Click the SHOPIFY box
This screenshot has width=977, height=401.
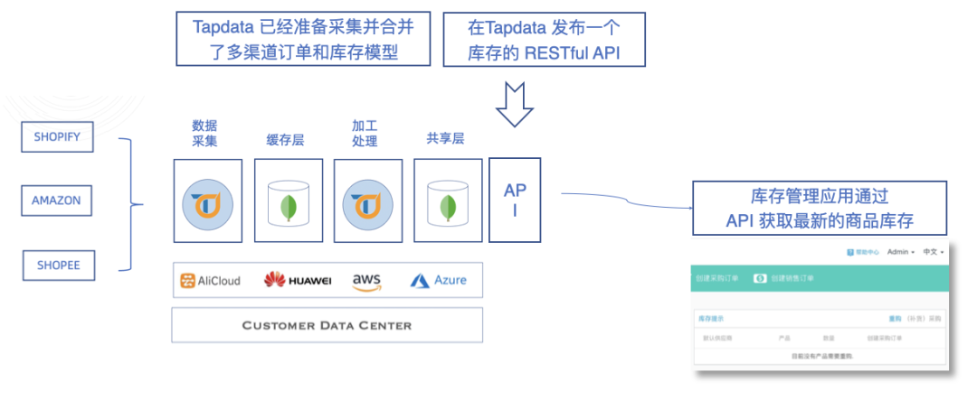pyautogui.click(x=58, y=137)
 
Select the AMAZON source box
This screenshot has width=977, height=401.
pyautogui.click(x=56, y=200)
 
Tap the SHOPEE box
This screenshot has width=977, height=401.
pyautogui.click(x=58, y=266)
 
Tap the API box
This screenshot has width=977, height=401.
pyautogui.click(x=514, y=200)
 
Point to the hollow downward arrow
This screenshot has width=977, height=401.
pyautogui.click(x=514, y=105)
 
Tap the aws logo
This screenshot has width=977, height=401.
pyautogui.click(x=366, y=281)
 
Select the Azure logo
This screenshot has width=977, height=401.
pyautogui.click(x=438, y=280)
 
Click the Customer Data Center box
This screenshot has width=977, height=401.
pyautogui.click(x=327, y=325)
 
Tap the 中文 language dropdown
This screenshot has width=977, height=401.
pyautogui.click(x=933, y=252)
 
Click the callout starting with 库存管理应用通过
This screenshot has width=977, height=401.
pyautogui.click(x=820, y=208)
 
